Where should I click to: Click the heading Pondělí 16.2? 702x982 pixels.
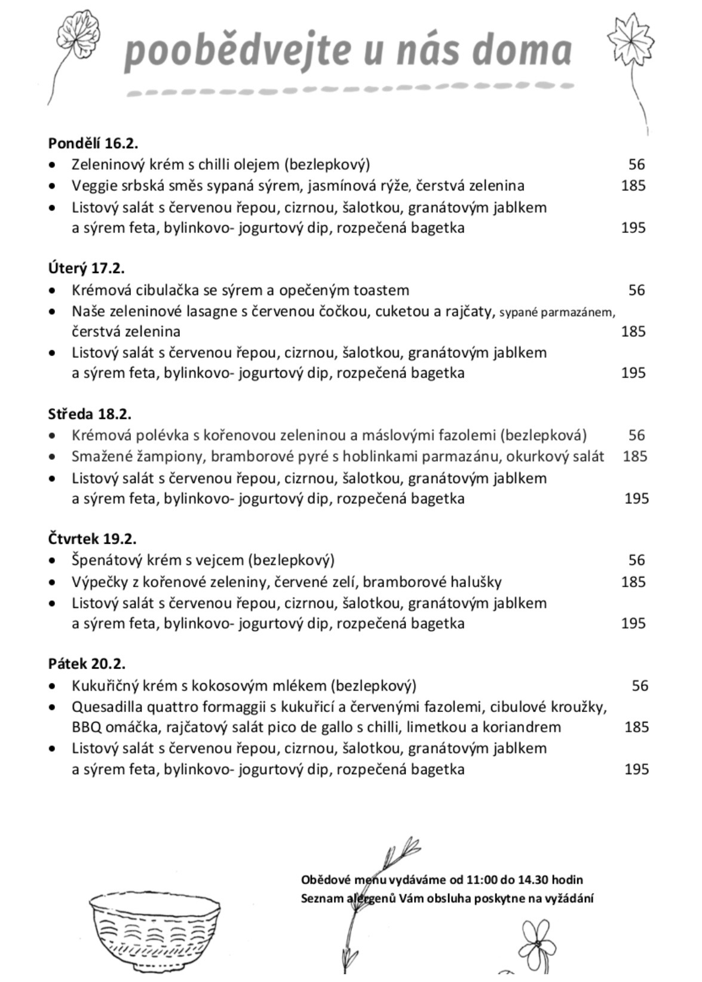(x=93, y=143)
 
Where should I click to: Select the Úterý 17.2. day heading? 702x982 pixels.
(x=86, y=268)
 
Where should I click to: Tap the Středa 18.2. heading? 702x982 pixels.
(x=90, y=413)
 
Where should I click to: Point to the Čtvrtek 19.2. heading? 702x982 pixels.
(x=92, y=538)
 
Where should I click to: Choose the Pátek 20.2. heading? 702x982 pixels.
(x=87, y=664)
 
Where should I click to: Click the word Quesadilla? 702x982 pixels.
(x=107, y=707)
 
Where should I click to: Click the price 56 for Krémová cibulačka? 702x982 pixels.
(x=636, y=290)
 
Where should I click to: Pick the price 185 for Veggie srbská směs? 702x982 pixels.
(x=633, y=186)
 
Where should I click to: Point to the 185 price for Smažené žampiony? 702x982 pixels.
(x=634, y=456)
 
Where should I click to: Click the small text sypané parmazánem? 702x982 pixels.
(x=557, y=312)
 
